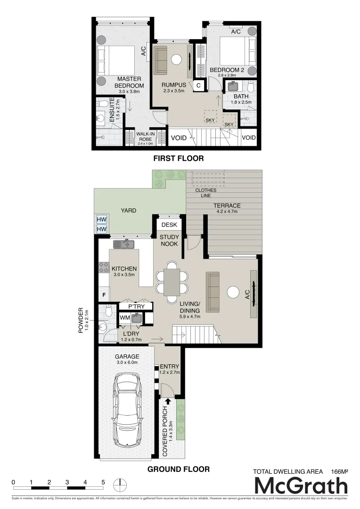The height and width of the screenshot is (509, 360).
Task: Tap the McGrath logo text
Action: (x=301, y=486)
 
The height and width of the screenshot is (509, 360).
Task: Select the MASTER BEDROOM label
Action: (x=129, y=82)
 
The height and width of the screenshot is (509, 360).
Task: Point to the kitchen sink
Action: (x=124, y=244)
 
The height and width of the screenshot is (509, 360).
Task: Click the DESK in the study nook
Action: (x=169, y=225)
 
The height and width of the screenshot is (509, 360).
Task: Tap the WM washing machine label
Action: (x=125, y=318)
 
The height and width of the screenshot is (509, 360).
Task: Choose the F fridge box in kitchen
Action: (x=103, y=295)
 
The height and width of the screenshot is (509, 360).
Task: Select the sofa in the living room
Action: (x=213, y=293)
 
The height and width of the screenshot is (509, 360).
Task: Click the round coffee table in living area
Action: (x=233, y=293)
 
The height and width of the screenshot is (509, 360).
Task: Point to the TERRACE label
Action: (x=227, y=205)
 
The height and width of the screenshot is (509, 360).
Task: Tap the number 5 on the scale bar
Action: (x=103, y=482)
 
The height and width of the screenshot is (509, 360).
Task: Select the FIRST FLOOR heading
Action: (x=178, y=158)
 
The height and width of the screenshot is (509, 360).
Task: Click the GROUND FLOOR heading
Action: (x=178, y=469)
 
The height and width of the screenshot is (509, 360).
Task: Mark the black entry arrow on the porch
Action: (x=168, y=401)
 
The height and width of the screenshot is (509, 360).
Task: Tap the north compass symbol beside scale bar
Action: (x=122, y=484)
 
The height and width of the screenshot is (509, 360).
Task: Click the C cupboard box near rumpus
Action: (x=199, y=85)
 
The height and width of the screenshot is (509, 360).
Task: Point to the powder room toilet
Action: (x=108, y=311)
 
